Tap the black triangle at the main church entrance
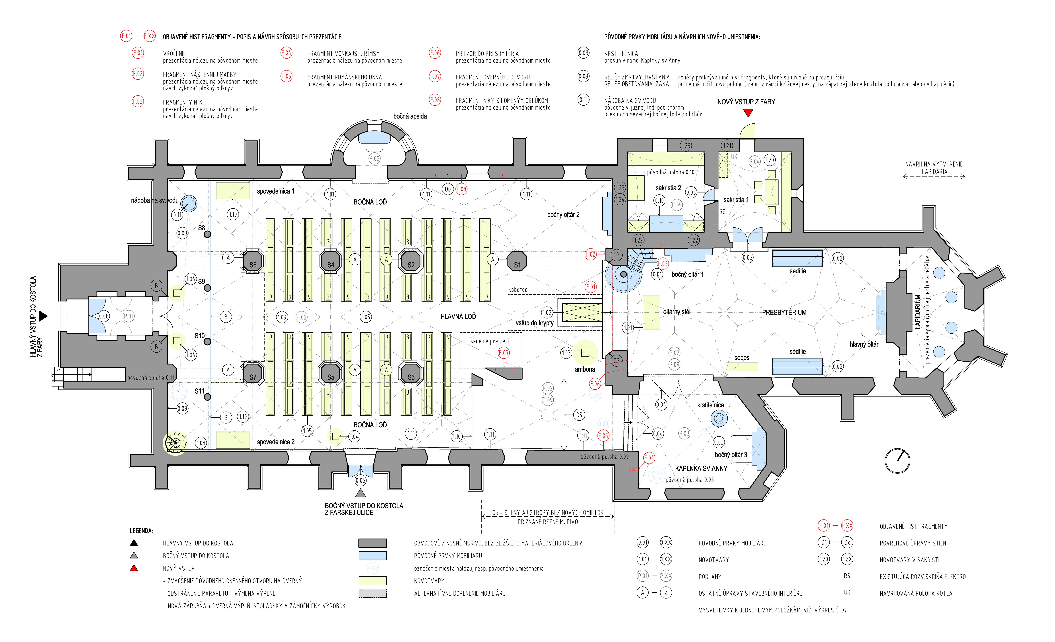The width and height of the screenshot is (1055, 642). [43, 316]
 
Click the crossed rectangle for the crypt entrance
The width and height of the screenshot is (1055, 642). [582, 312]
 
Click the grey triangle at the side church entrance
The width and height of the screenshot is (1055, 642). [361, 493]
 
